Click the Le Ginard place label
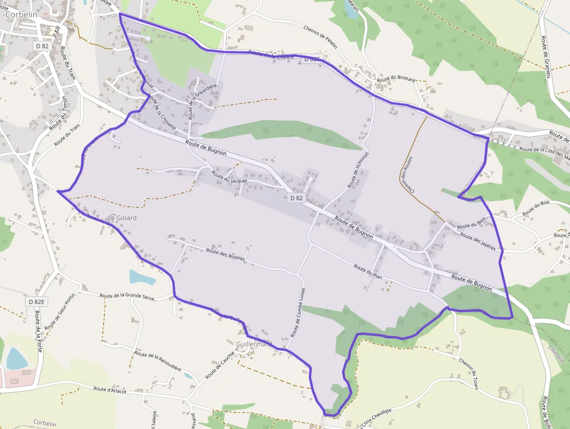pyautogui.click(x=122, y=218)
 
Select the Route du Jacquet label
pyautogui.click(x=229, y=178)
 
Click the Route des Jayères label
pyautogui.click(x=478, y=240)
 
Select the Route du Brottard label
pyautogui.click(x=396, y=80)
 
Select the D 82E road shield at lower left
pyautogui.click(x=36, y=302)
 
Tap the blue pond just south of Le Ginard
pyautogui.click(x=142, y=277)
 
